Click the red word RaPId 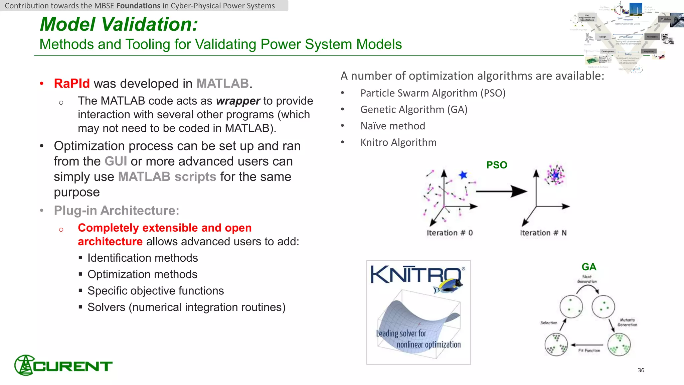(72, 84)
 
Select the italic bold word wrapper (238, 101)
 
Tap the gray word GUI (116, 161)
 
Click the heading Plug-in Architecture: (117, 211)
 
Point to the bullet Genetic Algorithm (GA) (413, 110)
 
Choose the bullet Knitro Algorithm (398, 142)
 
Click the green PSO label (497, 165)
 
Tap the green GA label (589, 267)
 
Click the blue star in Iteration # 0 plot (463, 175)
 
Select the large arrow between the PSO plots (501, 191)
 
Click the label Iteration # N (543, 233)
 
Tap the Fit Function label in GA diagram (589, 351)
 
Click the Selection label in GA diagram (549, 323)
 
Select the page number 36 (641, 370)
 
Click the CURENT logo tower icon (24, 365)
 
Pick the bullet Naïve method (392, 126)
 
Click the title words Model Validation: (119, 24)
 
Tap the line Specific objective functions (156, 291)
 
